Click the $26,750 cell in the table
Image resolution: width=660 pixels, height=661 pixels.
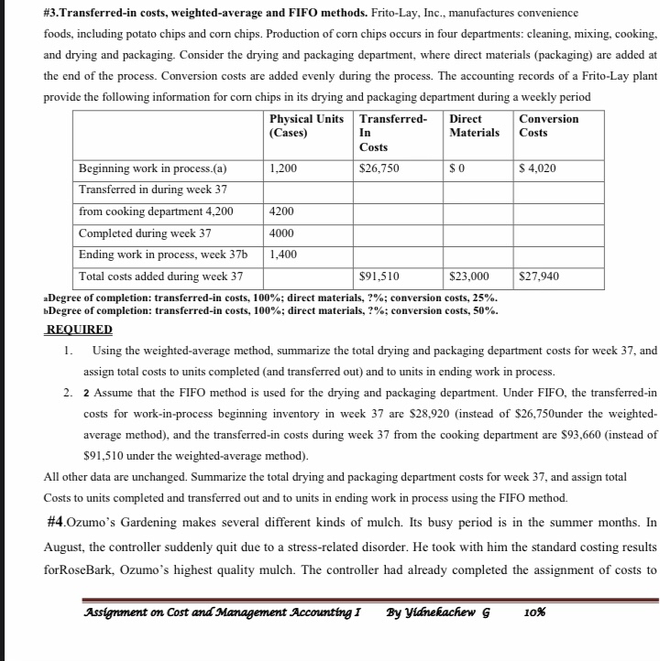click(380, 168)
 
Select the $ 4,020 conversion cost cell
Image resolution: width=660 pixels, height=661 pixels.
click(537, 168)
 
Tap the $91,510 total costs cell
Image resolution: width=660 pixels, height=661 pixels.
click(380, 275)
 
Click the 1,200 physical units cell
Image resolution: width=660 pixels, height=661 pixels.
click(284, 168)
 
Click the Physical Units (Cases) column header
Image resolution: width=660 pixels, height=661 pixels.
click(306, 125)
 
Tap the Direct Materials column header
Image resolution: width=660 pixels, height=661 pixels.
click(474, 125)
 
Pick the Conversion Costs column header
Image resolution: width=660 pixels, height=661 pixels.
click(548, 125)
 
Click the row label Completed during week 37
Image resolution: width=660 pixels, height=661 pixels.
click(145, 233)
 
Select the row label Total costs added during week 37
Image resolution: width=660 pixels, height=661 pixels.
click(160, 275)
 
